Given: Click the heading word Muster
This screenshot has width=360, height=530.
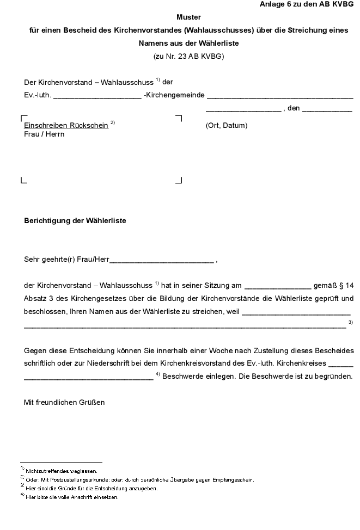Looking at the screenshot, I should (x=188, y=17).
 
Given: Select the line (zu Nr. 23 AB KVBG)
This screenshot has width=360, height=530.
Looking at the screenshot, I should (x=188, y=56).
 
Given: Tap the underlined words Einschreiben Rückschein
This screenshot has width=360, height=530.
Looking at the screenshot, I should (x=66, y=125).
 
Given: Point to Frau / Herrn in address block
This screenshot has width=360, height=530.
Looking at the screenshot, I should (x=44, y=134).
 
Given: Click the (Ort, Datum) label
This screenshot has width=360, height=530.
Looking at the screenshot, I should (x=227, y=126).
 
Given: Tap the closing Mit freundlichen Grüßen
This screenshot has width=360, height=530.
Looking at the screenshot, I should (x=64, y=403).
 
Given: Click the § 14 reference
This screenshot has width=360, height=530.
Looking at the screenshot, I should (x=345, y=285).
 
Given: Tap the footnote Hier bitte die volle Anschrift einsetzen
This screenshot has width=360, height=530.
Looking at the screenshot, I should (x=72, y=497).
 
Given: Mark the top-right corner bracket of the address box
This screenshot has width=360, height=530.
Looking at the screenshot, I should (x=179, y=118).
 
